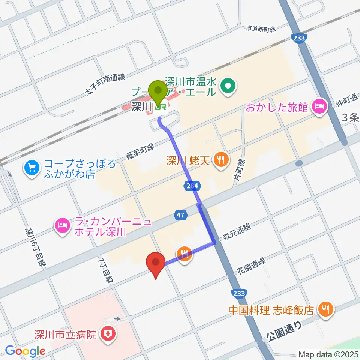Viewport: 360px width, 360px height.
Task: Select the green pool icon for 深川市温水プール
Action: [x=228, y=86]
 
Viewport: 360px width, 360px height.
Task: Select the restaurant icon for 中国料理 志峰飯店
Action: [x=324, y=309]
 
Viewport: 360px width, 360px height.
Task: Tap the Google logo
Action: [x=25, y=351]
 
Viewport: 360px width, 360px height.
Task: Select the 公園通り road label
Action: [x=285, y=332]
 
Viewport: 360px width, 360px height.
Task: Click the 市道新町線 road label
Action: [x=261, y=28]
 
